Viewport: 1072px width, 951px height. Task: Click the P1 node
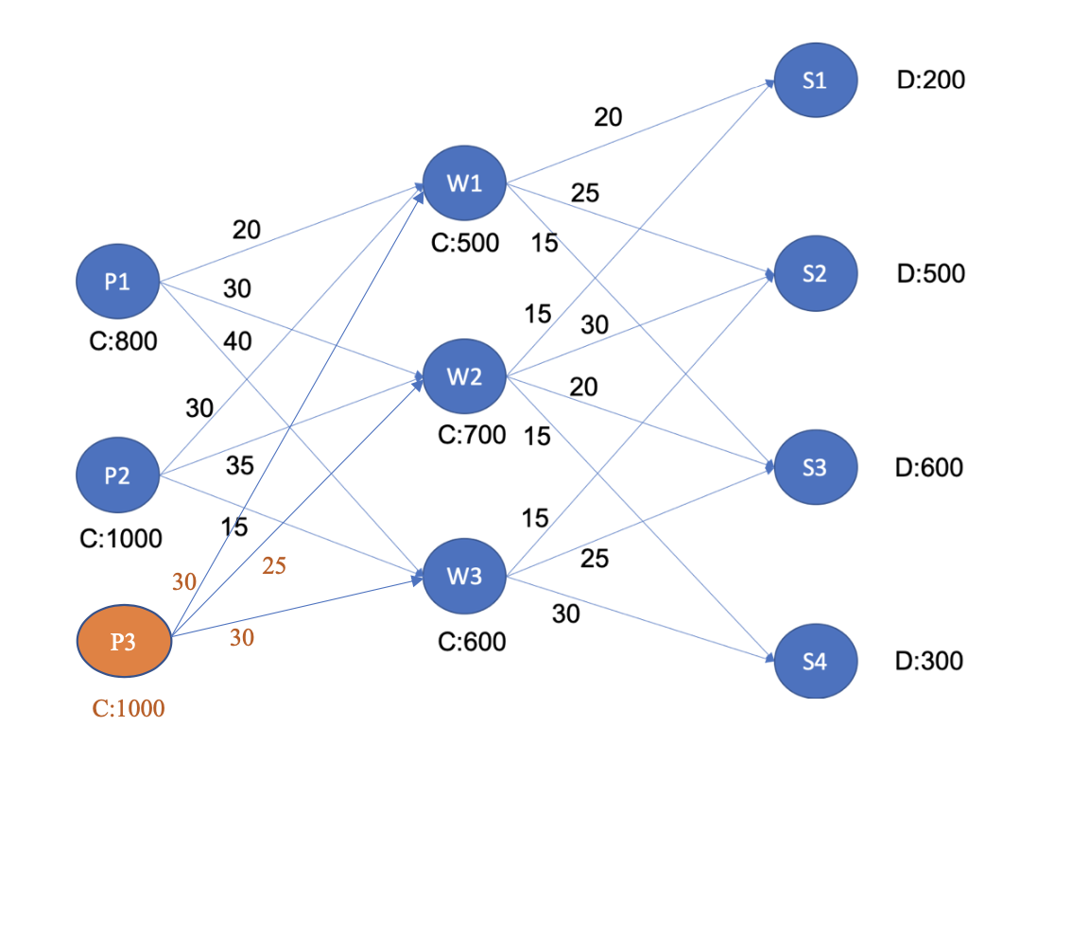point(117,282)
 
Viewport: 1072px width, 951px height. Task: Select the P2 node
point(117,475)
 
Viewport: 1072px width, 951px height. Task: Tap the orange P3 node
point(123,642)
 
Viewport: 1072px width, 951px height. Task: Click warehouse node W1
point(464,183)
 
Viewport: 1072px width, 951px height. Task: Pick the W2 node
point(464,376)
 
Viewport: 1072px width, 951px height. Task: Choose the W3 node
point(464,576)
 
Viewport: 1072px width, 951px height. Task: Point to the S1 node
point(815,80)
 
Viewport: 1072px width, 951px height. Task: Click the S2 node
point(815,273)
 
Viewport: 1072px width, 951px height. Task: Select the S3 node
point(815,467)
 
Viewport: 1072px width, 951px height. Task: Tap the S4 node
point(815,661)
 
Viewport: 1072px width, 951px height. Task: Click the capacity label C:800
point(123,341)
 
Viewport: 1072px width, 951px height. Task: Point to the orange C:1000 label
point(129,708)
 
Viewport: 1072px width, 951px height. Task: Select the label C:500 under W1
point(465,244)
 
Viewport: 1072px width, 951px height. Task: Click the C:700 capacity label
point(472,436)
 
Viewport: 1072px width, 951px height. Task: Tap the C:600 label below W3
point(472,643)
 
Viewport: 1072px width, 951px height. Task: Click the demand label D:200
point(931,80)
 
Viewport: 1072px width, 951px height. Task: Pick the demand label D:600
point(929,467)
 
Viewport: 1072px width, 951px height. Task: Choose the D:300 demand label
point(929,661)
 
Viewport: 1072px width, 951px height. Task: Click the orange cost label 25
point(274,566)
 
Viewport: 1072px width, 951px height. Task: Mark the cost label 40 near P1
point(237,340)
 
